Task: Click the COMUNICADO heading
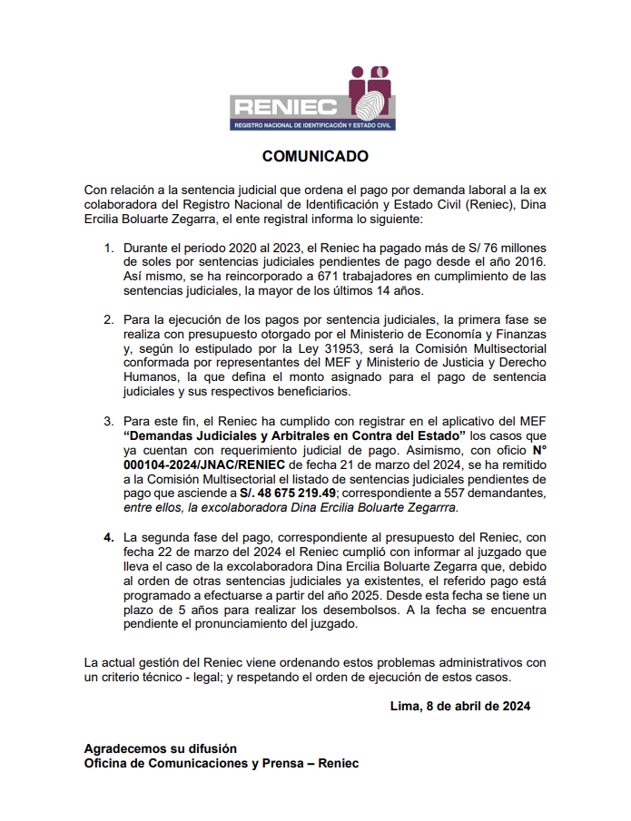pos(315,156)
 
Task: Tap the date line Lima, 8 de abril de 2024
pos(459,705)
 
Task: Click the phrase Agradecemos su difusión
pos(160,748)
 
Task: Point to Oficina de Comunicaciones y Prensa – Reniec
pos(221,763)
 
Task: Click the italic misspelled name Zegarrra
pos(431,507)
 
